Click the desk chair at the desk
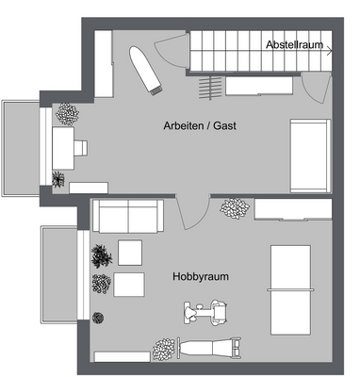[81, 148]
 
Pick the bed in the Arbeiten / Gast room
[310, 156]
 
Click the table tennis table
[291, 280]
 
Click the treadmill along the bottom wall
[207, 349]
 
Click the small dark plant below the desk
[60, 177]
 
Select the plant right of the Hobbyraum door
[233, 207]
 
